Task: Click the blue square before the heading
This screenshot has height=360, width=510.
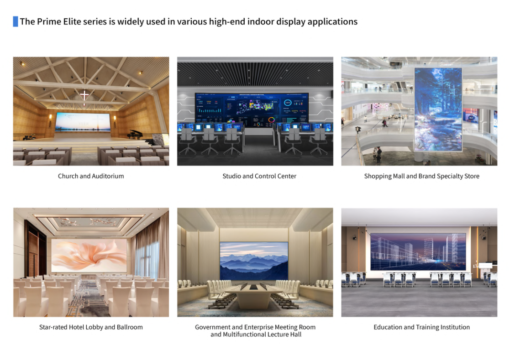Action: coord(15,21)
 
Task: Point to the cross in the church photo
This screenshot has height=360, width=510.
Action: coord(84,95)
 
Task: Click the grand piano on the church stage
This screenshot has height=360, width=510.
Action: coord(135,134)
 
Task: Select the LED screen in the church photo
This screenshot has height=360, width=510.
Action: coord(83,122)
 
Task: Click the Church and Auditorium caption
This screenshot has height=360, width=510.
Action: coord(91,176)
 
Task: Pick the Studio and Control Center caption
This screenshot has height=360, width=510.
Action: coord(259,176)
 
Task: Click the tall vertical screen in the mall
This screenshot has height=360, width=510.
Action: coord(438,110)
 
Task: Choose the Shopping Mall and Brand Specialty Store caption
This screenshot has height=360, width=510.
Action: coord(421,176)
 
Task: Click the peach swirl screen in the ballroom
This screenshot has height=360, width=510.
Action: coord(89,256)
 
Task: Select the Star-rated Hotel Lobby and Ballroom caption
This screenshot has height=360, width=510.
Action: coord(91,327)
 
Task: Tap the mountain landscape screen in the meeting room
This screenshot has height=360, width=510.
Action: coord(254,261)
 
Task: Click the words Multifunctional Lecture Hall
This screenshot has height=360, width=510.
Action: coord(262,334)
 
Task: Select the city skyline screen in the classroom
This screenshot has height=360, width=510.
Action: coord(418,251)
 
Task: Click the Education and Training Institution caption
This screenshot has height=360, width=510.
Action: coord(421,327)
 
